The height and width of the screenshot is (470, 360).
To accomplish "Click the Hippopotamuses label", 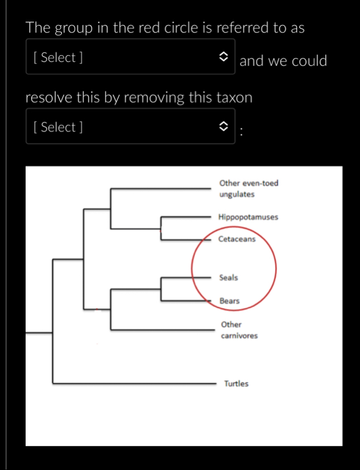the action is point(248,217).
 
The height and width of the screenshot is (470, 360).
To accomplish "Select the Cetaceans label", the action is point(237,239).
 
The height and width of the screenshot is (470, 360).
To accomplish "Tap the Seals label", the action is point(229,278).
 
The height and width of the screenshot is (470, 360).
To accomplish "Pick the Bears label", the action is point(230,301).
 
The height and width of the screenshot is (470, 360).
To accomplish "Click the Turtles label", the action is point(236,384).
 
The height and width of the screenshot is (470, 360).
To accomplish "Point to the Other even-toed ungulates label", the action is point(249,189).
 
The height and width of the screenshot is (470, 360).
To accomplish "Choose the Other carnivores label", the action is point(239,330).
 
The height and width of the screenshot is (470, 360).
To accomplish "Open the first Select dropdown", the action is point(130,57).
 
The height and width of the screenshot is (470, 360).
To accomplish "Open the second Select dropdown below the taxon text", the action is point(130,127).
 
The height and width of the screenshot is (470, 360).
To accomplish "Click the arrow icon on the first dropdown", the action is point(224,57).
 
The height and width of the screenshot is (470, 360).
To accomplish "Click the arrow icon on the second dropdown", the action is point(224,127).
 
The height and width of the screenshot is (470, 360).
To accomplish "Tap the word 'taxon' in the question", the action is point(234,97).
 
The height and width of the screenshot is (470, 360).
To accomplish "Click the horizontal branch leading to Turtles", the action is point(134,384).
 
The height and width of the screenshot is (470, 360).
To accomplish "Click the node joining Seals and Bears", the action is point(162,289).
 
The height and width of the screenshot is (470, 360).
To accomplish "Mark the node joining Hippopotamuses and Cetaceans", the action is point(162,227).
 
